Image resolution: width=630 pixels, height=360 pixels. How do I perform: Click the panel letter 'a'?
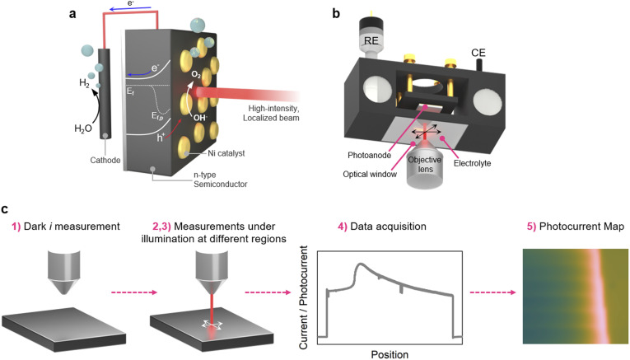72,14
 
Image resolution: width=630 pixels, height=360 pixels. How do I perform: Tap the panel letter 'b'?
336,13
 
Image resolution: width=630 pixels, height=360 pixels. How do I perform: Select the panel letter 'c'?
5,209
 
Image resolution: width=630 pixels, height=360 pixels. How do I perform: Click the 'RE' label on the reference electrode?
371,40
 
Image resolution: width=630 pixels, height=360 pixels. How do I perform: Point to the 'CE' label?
478,53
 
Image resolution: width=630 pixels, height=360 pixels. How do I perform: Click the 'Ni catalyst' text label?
226,153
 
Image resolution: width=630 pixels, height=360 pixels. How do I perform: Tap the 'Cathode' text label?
105,160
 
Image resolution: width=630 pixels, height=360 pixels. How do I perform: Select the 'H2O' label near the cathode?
83,129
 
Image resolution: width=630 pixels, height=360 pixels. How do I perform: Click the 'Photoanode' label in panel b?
369,155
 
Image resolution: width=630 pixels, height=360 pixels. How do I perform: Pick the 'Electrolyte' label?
472,163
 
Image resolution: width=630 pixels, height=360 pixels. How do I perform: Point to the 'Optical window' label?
370,174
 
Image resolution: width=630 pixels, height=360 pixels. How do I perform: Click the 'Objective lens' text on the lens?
425,164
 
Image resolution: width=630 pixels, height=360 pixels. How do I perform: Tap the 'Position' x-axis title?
390,354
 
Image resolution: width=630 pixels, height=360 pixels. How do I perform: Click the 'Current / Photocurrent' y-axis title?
303,297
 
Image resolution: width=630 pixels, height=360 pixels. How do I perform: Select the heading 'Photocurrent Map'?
581,227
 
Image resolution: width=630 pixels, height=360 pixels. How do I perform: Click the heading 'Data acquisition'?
388,227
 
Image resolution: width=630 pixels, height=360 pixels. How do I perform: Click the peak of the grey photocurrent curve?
361,264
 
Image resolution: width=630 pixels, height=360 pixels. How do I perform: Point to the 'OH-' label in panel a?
200,117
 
